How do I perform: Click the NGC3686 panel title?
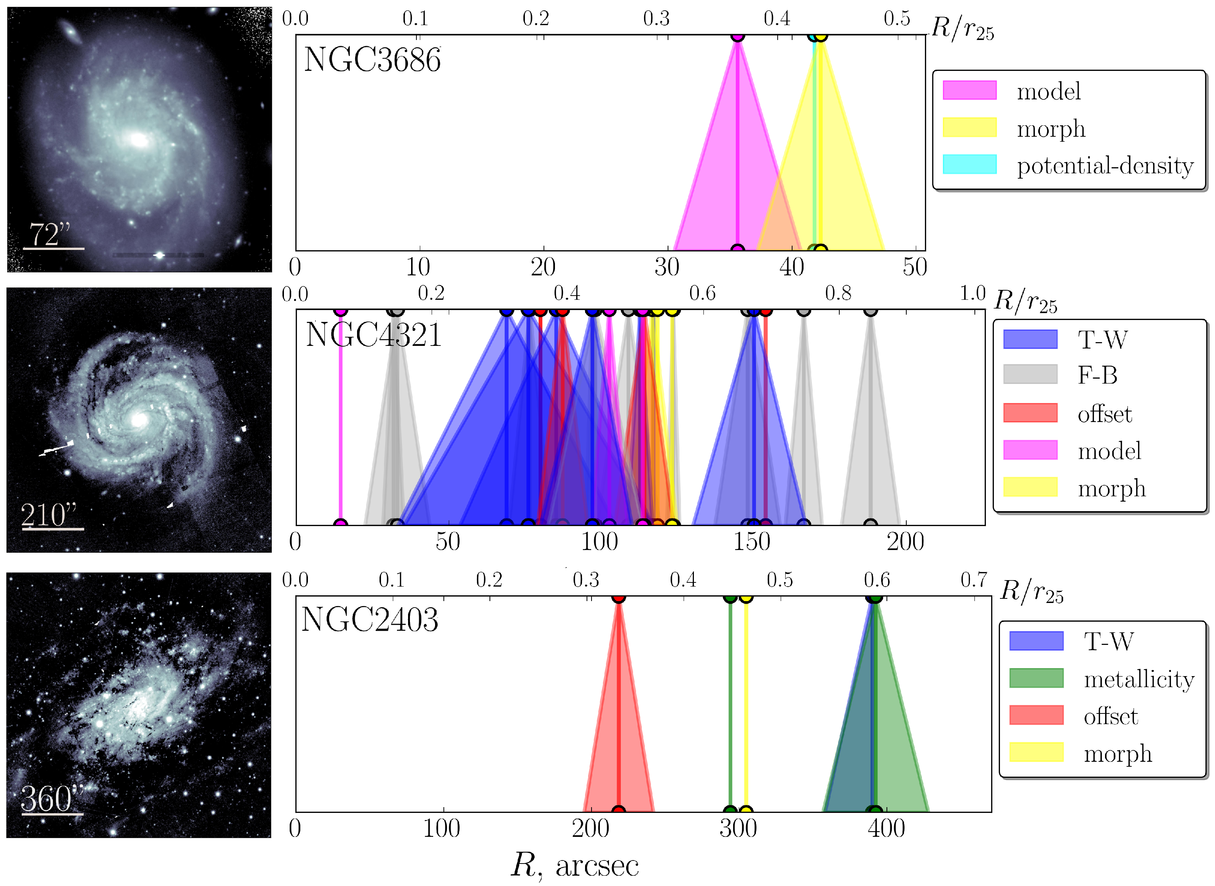[372, 59]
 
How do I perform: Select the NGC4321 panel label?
[373, 335]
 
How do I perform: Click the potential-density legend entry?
[1105, 166]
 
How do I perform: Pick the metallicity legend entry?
[1139, 680]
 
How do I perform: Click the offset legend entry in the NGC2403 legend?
[1110, 716]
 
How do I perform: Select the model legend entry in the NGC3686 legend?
[1048, 91]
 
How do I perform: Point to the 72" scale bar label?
[50, 234]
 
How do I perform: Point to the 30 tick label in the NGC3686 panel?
[667, 267]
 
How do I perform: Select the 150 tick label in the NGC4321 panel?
[751, 542]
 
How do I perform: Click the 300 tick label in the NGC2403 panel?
[738, 828]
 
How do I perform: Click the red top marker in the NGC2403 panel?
[619, 597]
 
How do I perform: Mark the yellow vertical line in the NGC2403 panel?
[746, 702]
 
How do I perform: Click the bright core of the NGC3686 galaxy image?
[138, 140]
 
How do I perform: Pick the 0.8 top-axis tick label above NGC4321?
[838, 293]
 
